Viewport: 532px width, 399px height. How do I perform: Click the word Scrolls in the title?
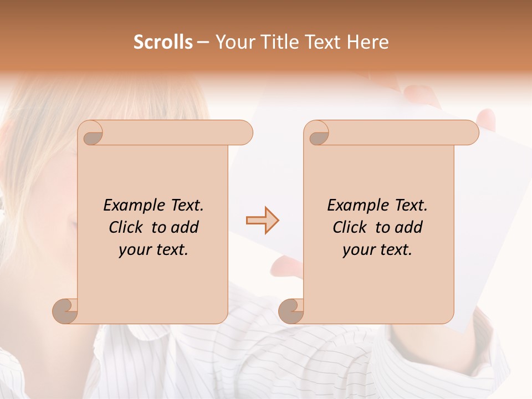coord(163,42)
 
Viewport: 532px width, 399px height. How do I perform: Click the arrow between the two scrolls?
coord(262,221)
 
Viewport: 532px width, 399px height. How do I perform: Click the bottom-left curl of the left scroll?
coord(65,310)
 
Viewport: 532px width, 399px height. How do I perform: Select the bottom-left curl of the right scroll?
coord(291,310)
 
